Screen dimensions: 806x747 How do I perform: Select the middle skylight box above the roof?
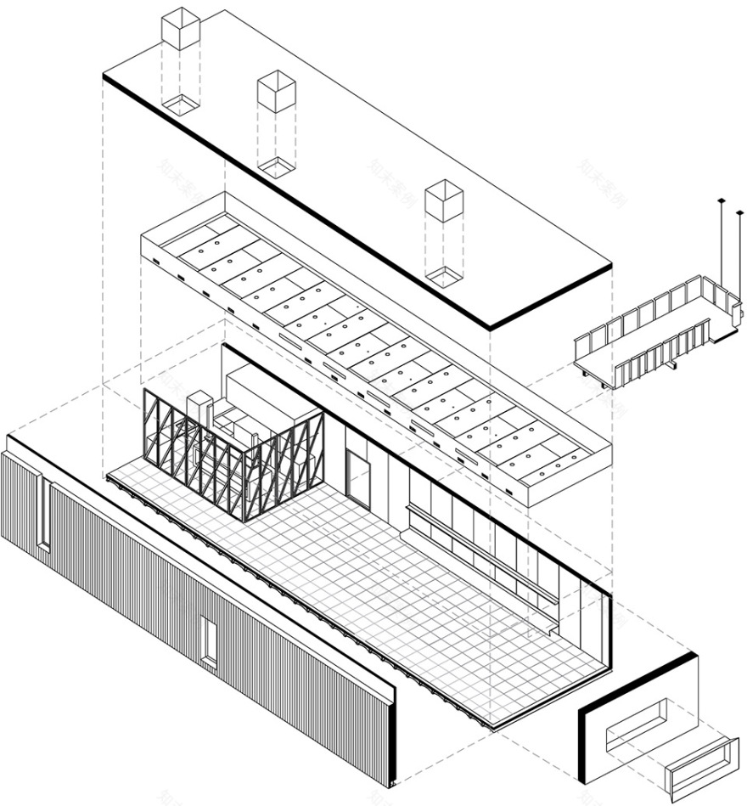pyautogui.click(x=276, y=91)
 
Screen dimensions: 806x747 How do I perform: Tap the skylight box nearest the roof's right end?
pyautogui.click(x=444, y=201)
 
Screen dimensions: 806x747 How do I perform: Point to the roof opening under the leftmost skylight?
pyautogui.click(x=180, y=104)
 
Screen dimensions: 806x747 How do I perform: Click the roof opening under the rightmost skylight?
pyautogui.click(x=444, y=274)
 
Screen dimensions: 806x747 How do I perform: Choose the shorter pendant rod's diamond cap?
pyautogui.click(x=735, y=205)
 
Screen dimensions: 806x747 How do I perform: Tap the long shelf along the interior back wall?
pyautogui.click(x=480, y=552)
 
